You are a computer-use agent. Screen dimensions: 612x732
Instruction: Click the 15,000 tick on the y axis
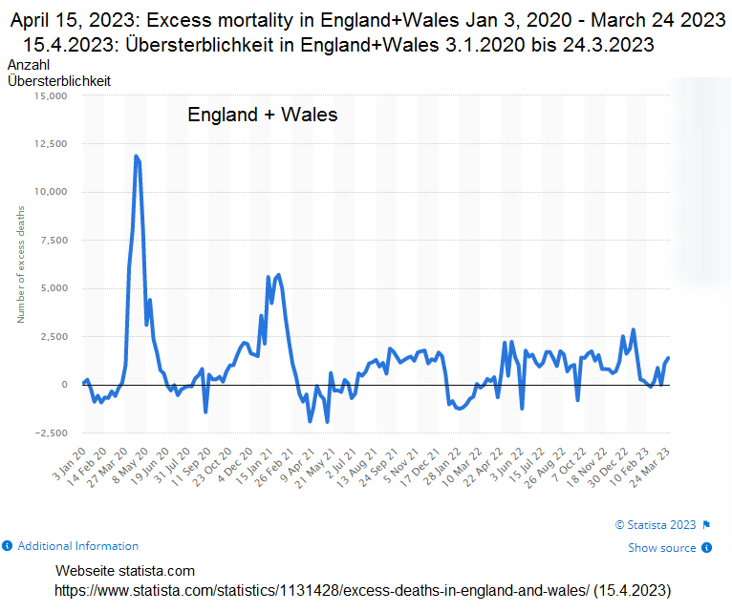[51, 96]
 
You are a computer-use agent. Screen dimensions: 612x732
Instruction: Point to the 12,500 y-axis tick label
[51, 144]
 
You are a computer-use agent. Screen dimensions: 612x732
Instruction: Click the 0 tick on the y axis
[64, 385]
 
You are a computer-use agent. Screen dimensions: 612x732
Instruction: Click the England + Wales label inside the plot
[262, 116]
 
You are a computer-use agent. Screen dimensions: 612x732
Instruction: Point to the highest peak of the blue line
[136, 156]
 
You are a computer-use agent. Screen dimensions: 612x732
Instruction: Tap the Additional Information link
[77, 546]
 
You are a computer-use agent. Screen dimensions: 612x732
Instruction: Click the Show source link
[662, 548]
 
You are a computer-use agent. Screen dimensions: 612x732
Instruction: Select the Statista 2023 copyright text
[657, 524]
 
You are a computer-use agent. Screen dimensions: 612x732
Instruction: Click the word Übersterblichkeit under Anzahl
[59, 81]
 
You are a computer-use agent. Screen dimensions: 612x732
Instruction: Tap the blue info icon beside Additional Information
[8, 546]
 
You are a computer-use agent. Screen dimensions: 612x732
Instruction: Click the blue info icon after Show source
[706, 548]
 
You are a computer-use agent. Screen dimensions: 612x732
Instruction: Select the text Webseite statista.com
[125, 571]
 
